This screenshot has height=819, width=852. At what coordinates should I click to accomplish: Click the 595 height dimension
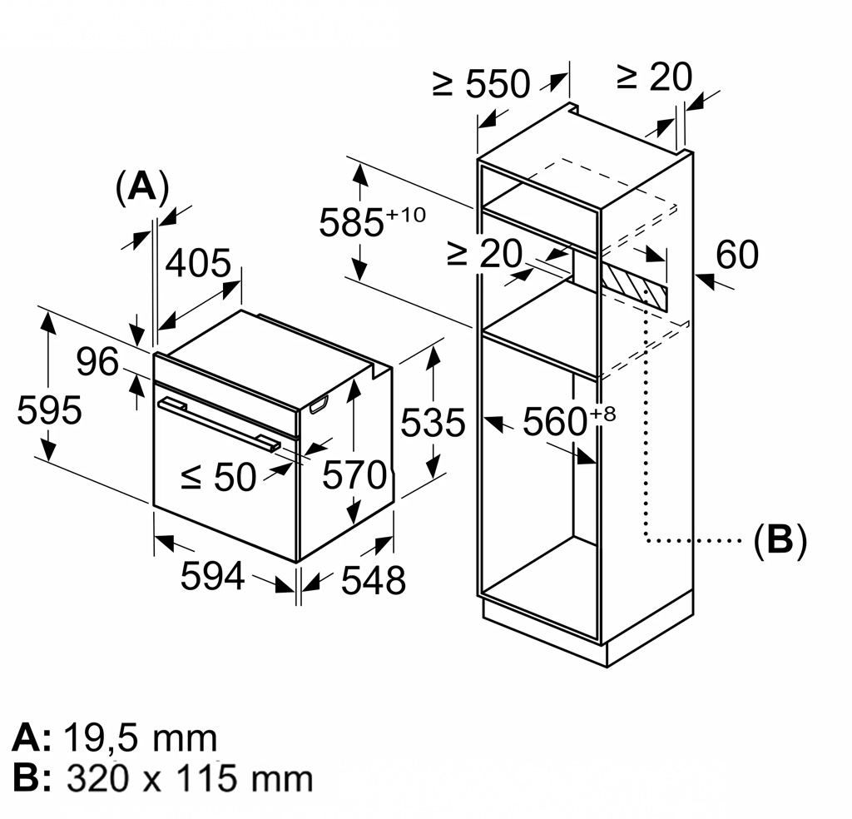[49, 411]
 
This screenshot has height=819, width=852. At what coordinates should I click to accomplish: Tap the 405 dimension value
[198, 264]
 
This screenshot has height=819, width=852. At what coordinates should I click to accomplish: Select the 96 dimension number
[98, 362]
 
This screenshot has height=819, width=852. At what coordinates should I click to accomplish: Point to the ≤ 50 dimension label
[218, 477]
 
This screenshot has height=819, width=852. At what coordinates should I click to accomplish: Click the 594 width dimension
[213, 576]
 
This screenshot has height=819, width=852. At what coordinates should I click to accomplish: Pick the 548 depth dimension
[373, 580]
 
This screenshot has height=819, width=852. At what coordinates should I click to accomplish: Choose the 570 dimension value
[355, 475]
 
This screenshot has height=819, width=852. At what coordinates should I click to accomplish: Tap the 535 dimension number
[433, 423]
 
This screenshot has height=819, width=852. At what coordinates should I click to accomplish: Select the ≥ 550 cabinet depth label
[481, 83]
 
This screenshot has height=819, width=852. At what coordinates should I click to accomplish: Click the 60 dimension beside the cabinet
[736, 256]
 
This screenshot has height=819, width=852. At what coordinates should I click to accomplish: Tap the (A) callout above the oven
[141, 187]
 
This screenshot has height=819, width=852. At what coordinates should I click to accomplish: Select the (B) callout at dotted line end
[780, 540]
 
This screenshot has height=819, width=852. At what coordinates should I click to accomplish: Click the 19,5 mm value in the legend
[140, 738]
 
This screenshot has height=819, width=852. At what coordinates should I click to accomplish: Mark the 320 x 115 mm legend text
[190, 778]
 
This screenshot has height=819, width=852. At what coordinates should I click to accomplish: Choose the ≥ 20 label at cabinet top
[653, 77]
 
